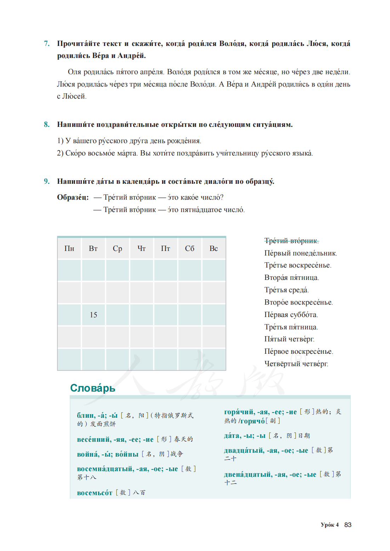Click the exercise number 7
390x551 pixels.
(47, 43)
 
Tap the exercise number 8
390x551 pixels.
(47, 124)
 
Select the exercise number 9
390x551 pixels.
(47, 181)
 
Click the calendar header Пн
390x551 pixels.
(69, 248)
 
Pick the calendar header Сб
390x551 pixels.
(190, 248)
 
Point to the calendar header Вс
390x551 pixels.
(214, 248)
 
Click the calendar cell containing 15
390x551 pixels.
(93, 315)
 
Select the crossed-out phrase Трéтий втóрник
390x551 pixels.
(291, 241)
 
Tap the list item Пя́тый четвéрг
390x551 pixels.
(289, 339)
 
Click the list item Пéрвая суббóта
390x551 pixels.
(291, 315)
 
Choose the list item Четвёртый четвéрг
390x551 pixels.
(296, 364)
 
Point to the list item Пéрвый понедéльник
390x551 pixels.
(300, 253)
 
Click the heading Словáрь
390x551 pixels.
(93, 388)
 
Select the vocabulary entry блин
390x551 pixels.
(86, 415)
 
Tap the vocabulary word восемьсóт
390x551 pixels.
(95, 493)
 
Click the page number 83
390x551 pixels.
(348, 525)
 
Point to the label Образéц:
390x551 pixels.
(73, 197)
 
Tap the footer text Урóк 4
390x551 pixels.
(330, 525)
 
